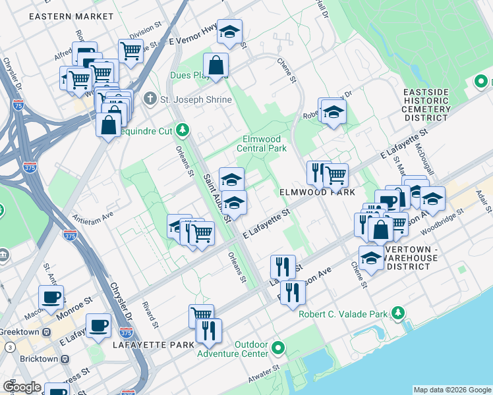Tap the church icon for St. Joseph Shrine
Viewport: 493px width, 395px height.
tap(150, 99)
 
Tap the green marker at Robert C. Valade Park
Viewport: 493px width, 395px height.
tap(398, 313)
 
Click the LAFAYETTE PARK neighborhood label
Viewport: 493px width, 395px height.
tap(153, 345)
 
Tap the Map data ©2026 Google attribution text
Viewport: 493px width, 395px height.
tap(451, 390)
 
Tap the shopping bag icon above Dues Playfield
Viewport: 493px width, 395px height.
tap(216, 65)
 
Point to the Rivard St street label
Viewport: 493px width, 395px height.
tap(150, 315)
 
